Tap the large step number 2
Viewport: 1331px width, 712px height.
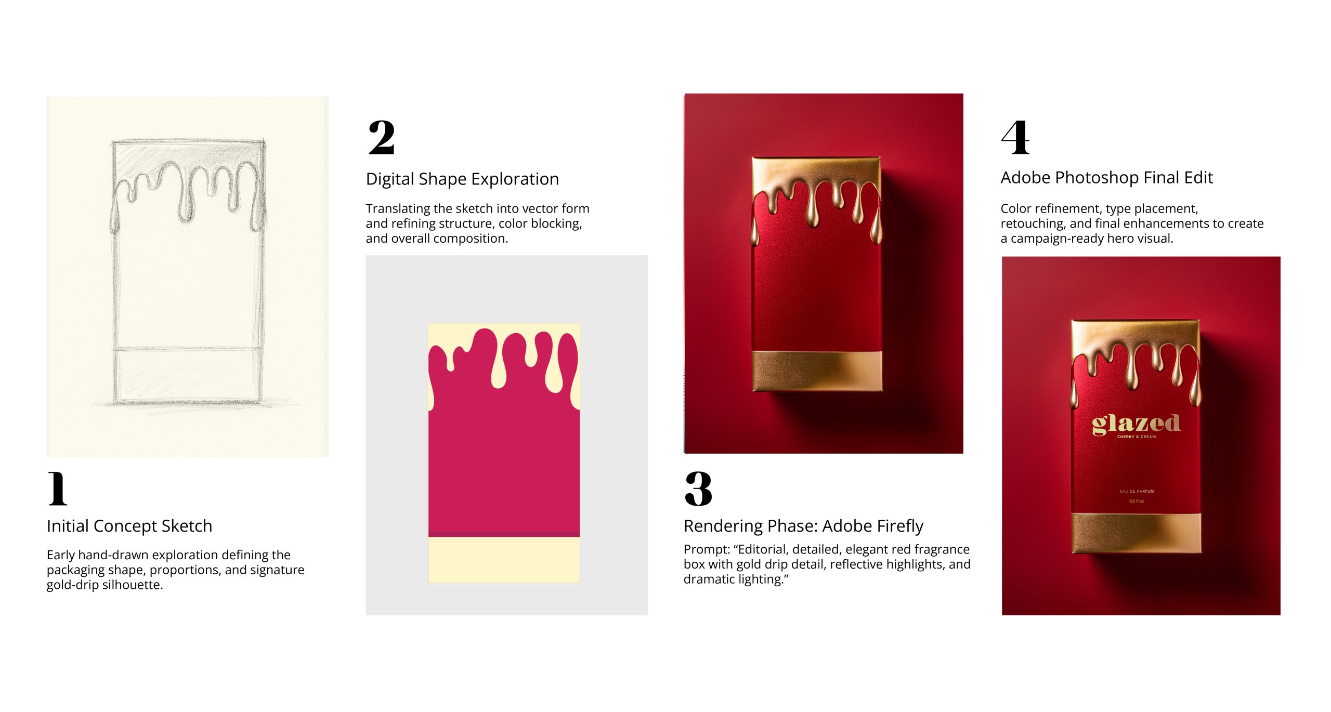(382, 137)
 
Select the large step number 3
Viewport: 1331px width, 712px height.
(698, 489)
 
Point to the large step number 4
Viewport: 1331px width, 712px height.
(1015, 137)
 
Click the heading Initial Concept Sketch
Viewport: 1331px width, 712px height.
(129, 526)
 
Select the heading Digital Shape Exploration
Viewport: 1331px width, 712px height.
(462, 179)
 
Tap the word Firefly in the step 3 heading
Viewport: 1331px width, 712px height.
(898, 526)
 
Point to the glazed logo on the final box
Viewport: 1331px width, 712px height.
(1136, 424)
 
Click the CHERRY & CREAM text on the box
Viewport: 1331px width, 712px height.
(1137, 437)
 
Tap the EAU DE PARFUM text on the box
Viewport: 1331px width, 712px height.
(1137, 491)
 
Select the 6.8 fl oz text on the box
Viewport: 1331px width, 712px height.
(1137, 501)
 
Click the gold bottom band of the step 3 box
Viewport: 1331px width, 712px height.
(817, 371)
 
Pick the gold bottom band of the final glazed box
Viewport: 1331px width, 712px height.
(1137, 533)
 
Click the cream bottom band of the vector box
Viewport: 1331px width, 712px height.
(504, 560)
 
